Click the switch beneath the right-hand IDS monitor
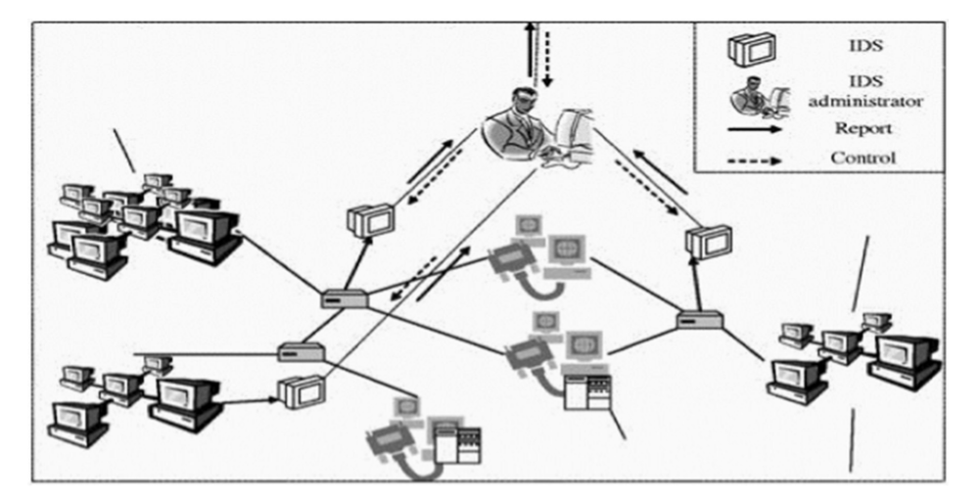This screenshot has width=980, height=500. [x=701, y=319]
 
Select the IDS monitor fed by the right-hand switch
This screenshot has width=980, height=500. [x=708, y=242]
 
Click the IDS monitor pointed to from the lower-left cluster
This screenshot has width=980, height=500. [x=299, y=391]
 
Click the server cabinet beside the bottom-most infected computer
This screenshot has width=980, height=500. [x=459, y=444]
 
